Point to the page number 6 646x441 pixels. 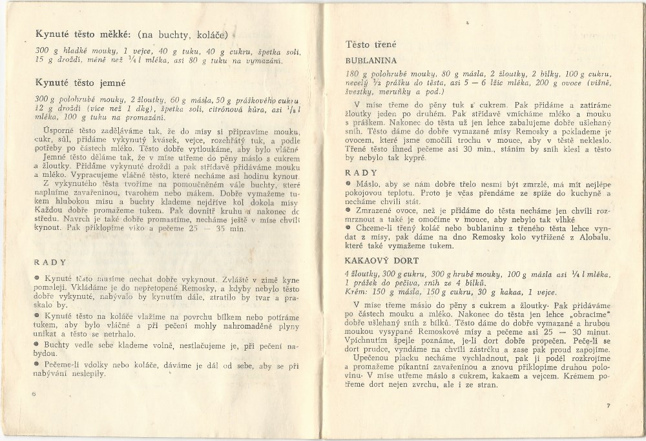[32, 393]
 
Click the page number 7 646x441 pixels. [608, 405]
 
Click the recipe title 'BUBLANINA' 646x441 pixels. [371, 61]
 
